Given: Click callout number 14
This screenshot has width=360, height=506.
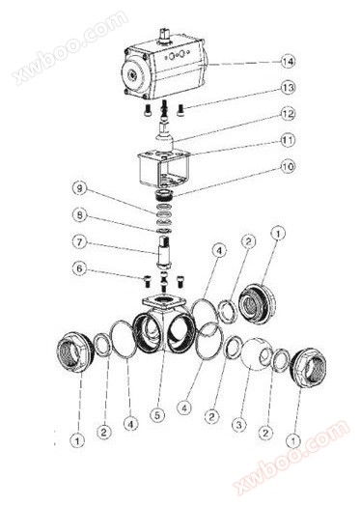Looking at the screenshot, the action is pos(288,61).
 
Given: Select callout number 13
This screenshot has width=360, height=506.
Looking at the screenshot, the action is pos(288,88).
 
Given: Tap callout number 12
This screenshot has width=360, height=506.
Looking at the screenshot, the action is pos(288,114).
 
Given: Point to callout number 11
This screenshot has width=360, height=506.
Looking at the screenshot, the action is pos(288,140).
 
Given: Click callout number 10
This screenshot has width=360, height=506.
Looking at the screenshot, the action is pos(288,167).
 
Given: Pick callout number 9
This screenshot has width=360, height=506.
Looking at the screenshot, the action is pos(80,189).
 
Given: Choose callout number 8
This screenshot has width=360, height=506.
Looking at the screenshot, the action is pos(80,215).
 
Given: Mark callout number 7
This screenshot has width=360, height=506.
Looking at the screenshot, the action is pos(80,241).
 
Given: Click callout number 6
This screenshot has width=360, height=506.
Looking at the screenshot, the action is pos(80,268).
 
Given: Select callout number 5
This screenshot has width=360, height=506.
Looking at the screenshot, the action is pos(157,415).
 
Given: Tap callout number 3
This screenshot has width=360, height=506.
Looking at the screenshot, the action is pos(238,424).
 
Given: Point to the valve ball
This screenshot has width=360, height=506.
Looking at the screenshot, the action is pos(256,354).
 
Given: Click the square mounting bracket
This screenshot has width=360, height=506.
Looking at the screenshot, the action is pos(163,168).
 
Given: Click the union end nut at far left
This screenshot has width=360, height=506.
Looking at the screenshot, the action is pos(75,352).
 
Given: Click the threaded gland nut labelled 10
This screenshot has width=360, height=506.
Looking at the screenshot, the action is pos(165,195).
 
